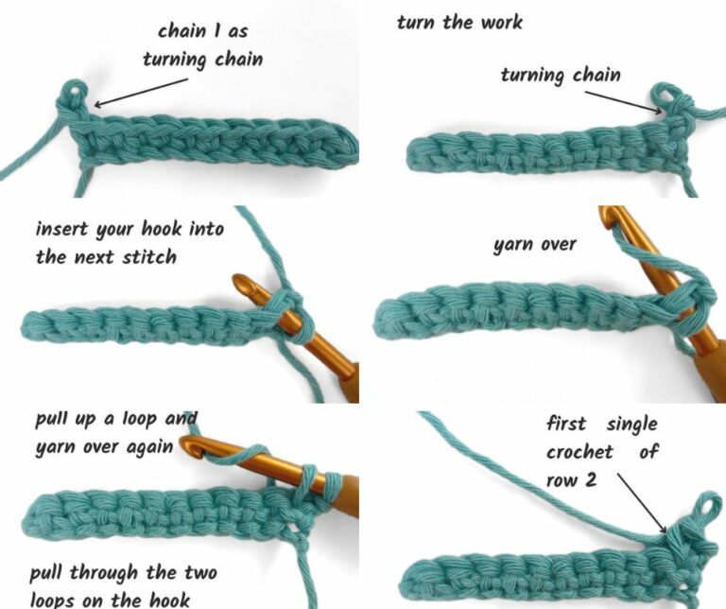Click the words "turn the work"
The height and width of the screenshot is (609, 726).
tap(459, 22)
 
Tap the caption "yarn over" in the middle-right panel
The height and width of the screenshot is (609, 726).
tap(534, 245)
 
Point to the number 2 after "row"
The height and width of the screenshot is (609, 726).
tap(590, 479)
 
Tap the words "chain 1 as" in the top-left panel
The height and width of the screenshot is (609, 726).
tap(201, 31)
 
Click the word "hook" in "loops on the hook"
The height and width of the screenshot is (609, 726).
tap(173, 599)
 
